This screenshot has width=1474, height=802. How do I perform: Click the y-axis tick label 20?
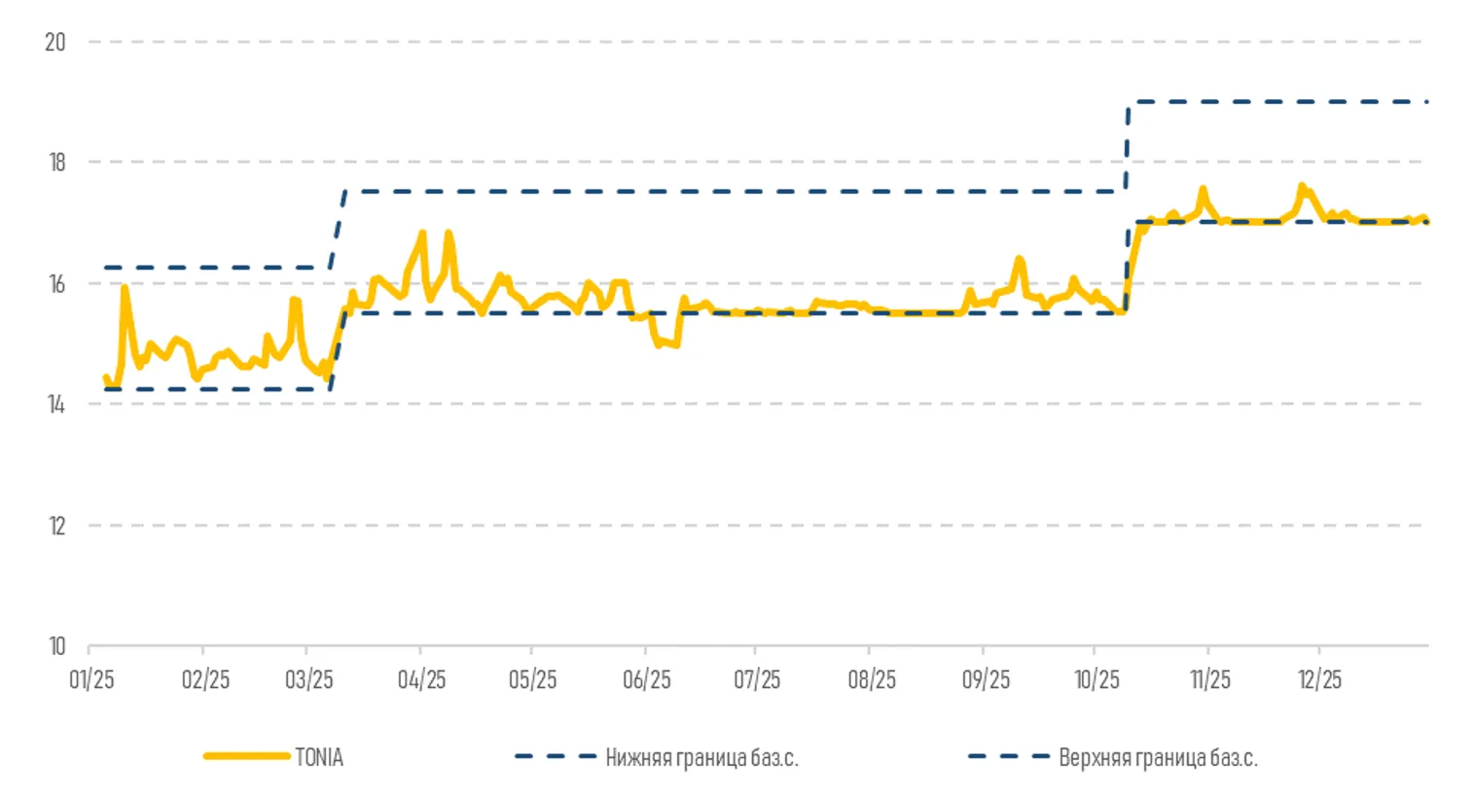coord(55,42)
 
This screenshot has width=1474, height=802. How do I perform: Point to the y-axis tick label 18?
coord(56,163)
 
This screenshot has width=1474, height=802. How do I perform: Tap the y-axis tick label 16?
coord(56,283)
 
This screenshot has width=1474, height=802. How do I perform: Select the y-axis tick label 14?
coord(56,404)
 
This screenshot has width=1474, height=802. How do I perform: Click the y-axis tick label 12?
coord(56,526)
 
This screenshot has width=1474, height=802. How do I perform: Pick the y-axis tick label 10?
coord(56,646)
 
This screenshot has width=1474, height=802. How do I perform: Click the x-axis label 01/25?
coord(91,679)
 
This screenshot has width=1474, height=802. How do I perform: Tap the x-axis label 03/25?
coord(309,679)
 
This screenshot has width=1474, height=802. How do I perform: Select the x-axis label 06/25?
coord(647,679)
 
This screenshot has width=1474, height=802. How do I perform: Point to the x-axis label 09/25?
coord(986,679)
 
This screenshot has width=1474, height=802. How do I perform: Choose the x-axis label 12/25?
coord(1320,679)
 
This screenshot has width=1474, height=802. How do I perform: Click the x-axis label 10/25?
coord(1097,679)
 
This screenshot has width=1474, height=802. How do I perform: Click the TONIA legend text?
coord(319,757)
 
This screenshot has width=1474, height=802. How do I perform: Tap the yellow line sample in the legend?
coord(246,756)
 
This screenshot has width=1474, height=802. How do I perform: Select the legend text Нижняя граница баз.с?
coord(701,757)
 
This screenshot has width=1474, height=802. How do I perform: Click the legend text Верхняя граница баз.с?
coord(1158,757)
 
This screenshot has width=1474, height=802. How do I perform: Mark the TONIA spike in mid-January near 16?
coord(125,288)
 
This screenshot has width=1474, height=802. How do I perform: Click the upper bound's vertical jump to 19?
coord(1128,146)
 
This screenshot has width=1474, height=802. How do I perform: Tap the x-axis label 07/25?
coord(757,679)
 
